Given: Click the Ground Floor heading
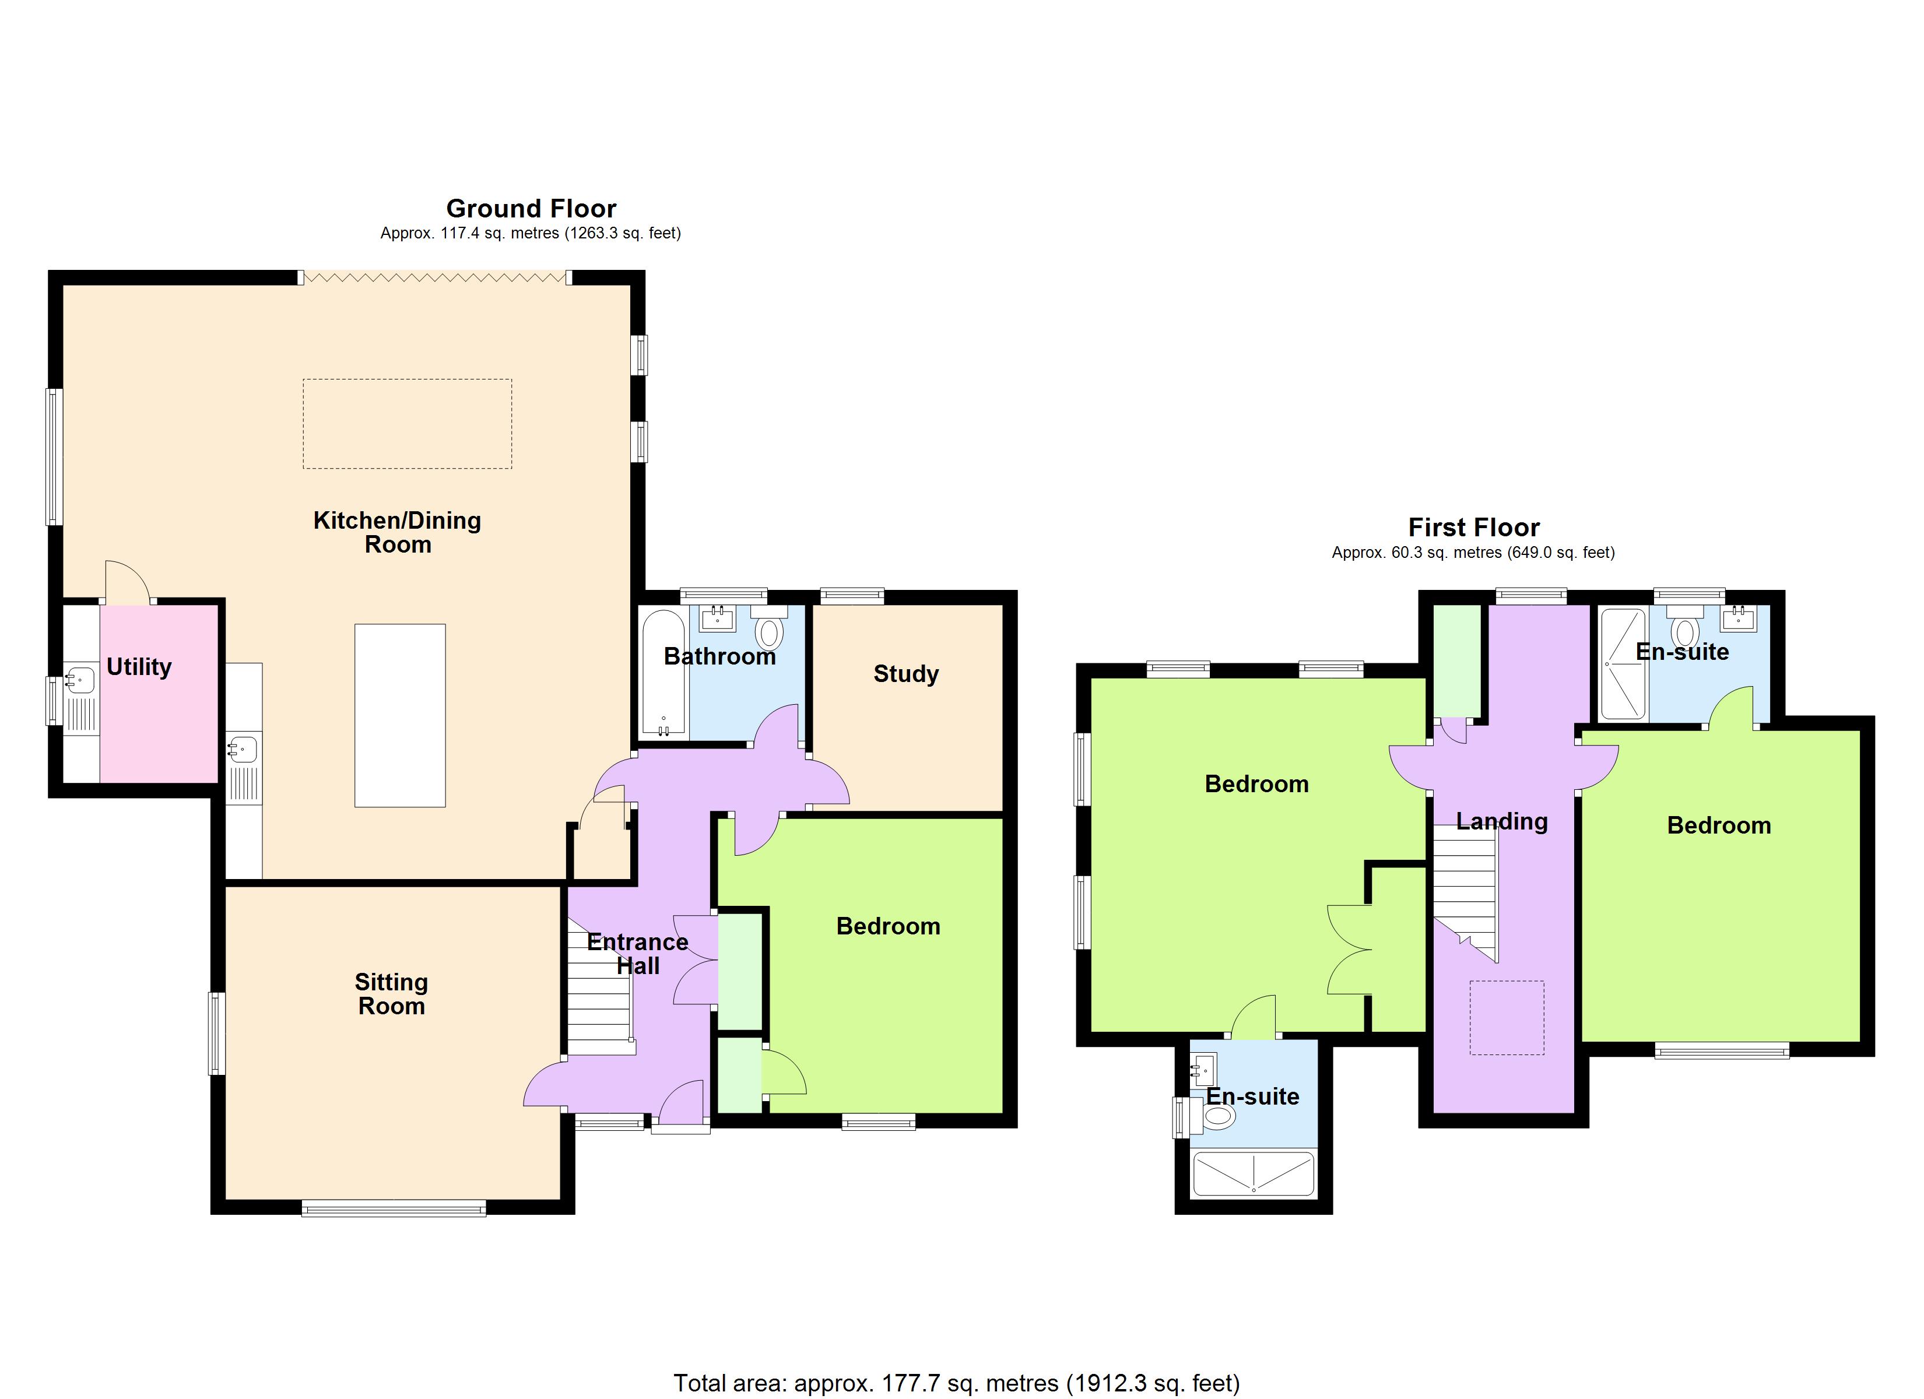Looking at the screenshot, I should (x=531, y=209).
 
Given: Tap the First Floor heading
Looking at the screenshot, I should (x=1473, y=528).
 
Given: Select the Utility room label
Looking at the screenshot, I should (x=139, y=667).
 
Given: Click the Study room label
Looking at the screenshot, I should (x=906, y=674).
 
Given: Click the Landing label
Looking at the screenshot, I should (x=1501, y=821).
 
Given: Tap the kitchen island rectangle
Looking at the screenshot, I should (x=399, y=715).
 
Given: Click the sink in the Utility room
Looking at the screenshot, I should (x=80, y=680).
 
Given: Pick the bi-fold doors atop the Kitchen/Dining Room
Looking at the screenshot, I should (x=434, y=277).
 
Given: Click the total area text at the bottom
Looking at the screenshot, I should (x=956, y=1383).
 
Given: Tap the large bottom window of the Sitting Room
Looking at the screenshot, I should (x=394, y=1209).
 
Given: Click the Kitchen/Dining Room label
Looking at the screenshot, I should (x=397, y=532).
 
